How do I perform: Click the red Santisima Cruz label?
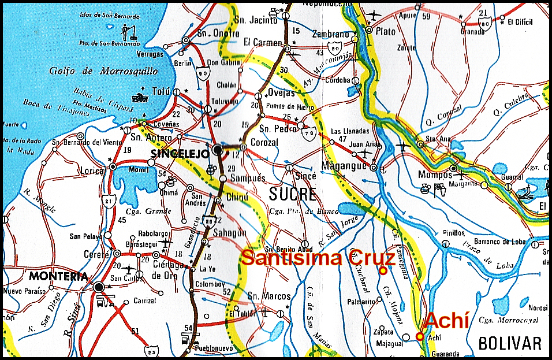pos(318,258)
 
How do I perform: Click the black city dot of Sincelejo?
pos(217,150)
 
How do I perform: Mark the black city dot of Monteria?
pos(100,287)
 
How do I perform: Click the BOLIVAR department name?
pos(510,343)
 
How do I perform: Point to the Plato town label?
pos(386,30)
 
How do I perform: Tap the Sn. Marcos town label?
pos(268,296)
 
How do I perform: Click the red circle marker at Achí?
pos(420,336)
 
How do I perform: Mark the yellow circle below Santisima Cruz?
pos(382,270)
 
